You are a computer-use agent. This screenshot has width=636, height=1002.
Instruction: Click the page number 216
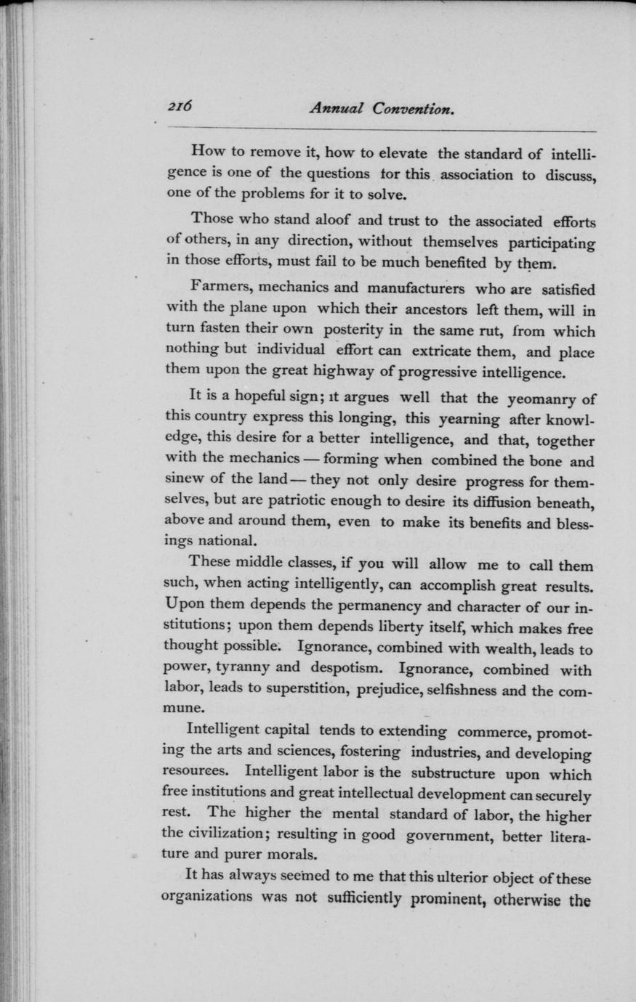(179, 106)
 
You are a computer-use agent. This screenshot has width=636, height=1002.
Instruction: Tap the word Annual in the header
(337, 108)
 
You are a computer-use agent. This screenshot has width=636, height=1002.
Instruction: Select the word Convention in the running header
(414, 108)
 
